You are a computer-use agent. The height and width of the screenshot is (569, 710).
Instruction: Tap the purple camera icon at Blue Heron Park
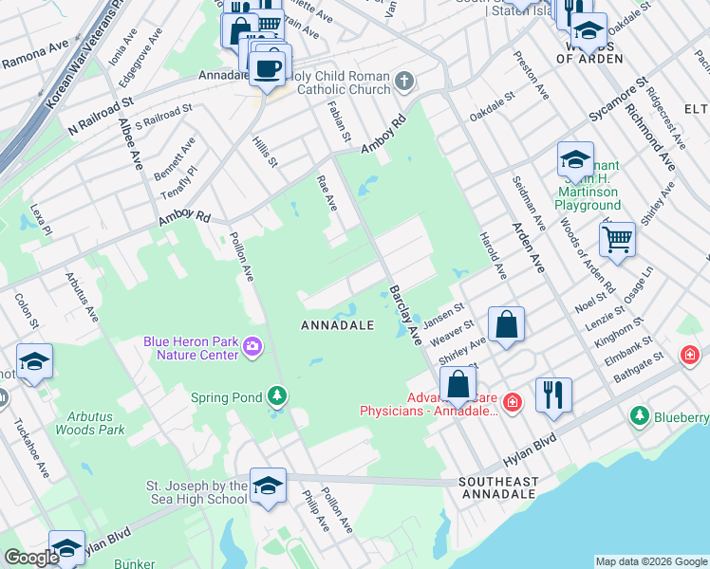click(x=252, y=348)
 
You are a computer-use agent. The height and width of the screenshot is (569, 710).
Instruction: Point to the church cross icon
click(x=405, y=82)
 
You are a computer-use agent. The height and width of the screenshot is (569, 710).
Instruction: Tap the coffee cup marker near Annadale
click(x=267, y=67)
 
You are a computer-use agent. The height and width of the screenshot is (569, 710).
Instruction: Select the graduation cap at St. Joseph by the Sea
click(x=269, y=486)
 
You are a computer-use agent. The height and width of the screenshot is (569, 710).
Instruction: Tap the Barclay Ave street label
click(x=403, y=313)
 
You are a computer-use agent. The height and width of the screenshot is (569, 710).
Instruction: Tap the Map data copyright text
click(x=651, y=561)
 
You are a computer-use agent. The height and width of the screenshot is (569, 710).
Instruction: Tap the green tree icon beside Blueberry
click(x=640, y=416)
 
